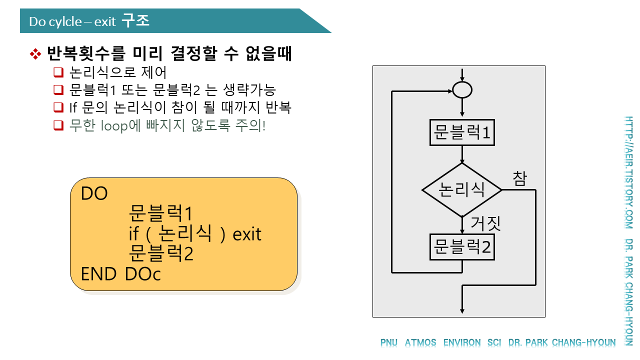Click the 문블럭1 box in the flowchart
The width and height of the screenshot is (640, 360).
click(x=462, y=132)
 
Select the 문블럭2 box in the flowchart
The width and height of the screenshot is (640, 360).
click(x=462, y=246)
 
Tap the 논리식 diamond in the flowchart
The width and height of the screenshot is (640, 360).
click(x=462, y=189)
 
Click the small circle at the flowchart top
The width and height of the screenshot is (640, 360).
click(x=462, y=90)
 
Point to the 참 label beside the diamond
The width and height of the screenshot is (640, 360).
click(x=519, y=178)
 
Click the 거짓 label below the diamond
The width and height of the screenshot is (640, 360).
click(x=485, y=223)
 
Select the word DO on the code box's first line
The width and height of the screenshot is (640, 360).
click(x=94, y=193)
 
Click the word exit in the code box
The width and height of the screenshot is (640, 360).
click(x=247, y=234)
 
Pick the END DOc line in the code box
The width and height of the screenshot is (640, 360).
click(x=121, y=274)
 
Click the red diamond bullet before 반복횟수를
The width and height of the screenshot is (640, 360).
click(x=35, y=54)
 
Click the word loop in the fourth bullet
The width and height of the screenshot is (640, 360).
click(x=113, y=125)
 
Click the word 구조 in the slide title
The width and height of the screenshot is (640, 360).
click(x=135, y=21)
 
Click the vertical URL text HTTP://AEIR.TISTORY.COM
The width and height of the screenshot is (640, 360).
click(x=628, y=172)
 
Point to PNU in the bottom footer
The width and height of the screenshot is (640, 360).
click(x=389, y=343)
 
